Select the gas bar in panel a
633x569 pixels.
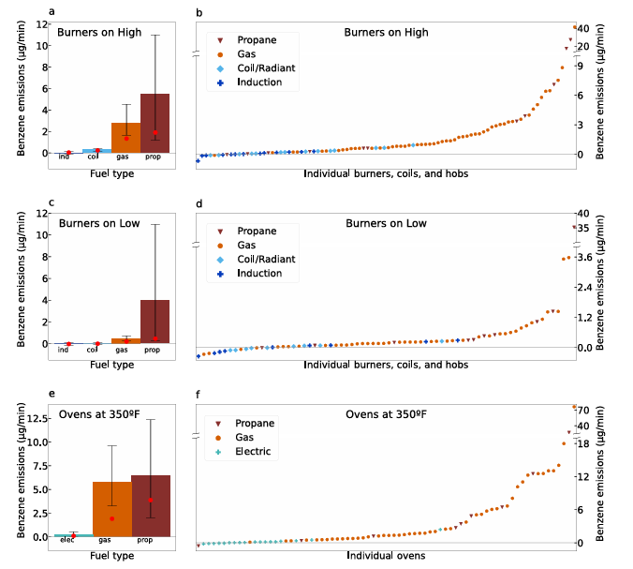125,138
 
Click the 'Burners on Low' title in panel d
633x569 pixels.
385,223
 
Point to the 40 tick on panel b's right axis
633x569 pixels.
608,28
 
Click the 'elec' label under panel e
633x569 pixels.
67,541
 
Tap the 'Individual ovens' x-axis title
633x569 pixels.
386,556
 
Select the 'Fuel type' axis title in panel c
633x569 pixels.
110,364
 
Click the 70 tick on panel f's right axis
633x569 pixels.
608,410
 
